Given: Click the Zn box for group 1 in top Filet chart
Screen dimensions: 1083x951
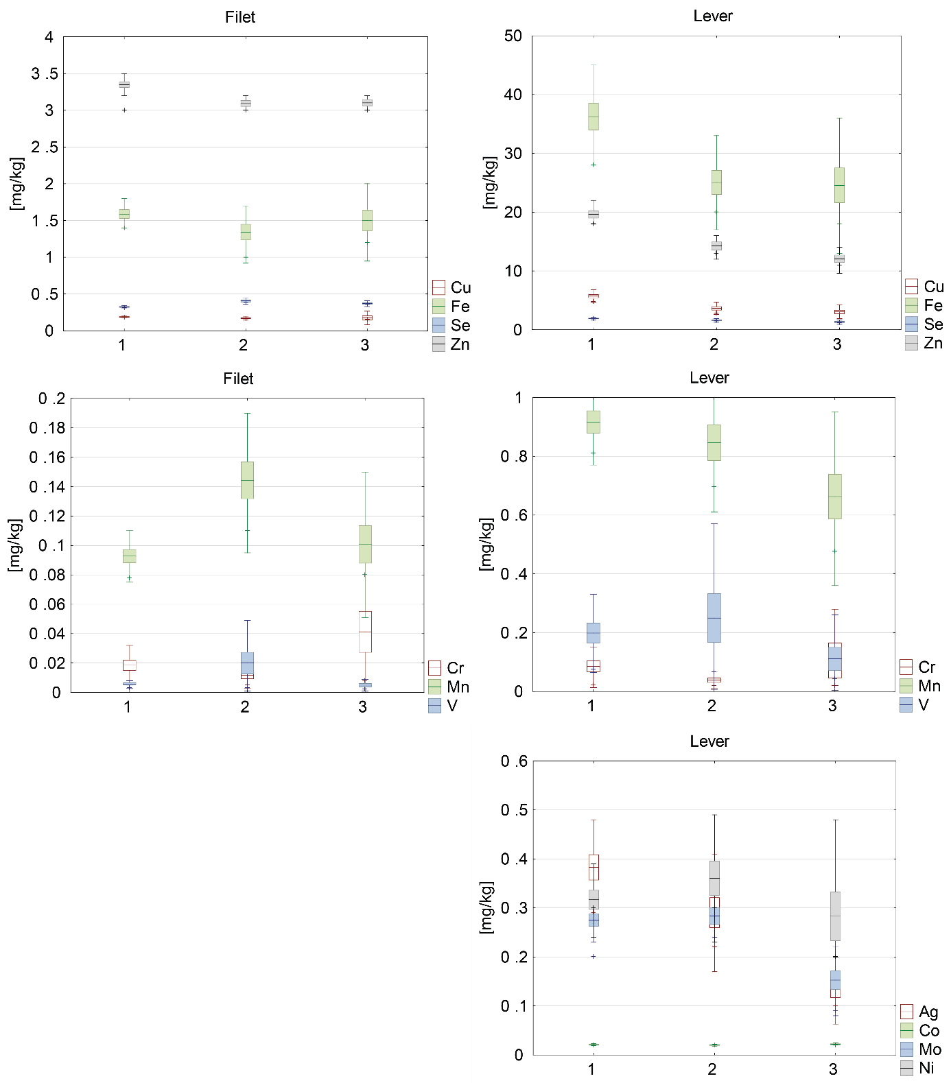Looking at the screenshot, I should coord(124,84).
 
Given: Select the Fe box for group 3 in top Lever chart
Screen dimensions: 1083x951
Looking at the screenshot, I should coord(839,185).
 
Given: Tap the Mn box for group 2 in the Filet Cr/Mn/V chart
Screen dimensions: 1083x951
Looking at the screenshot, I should coord(247,480).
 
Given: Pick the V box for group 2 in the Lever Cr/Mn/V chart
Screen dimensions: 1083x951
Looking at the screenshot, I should coord(714,618).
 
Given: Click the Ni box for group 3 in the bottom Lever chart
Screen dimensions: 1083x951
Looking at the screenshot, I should coord(835,916).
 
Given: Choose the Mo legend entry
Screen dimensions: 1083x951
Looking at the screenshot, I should coord(921,1049).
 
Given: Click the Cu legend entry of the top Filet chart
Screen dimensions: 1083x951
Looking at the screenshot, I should coord(451,287).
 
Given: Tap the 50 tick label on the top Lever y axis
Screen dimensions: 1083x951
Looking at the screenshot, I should coord(513,36).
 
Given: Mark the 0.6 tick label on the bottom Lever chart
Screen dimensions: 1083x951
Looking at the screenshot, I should coord(514,761).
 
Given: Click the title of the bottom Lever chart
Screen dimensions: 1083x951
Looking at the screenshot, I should coord(709,741).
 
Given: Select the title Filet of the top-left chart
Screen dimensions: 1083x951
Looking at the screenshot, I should coord(240,17).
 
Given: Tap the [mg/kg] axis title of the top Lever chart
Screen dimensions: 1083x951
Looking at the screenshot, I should coord(489,182).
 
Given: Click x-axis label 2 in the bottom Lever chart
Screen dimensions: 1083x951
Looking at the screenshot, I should coord(712,1069).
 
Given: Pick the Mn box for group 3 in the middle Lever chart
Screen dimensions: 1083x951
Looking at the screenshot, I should coord(834,496).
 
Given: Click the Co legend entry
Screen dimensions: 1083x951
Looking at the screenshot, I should coord(920,1030).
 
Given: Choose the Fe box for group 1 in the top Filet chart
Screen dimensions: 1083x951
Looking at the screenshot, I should coord(124,214).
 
